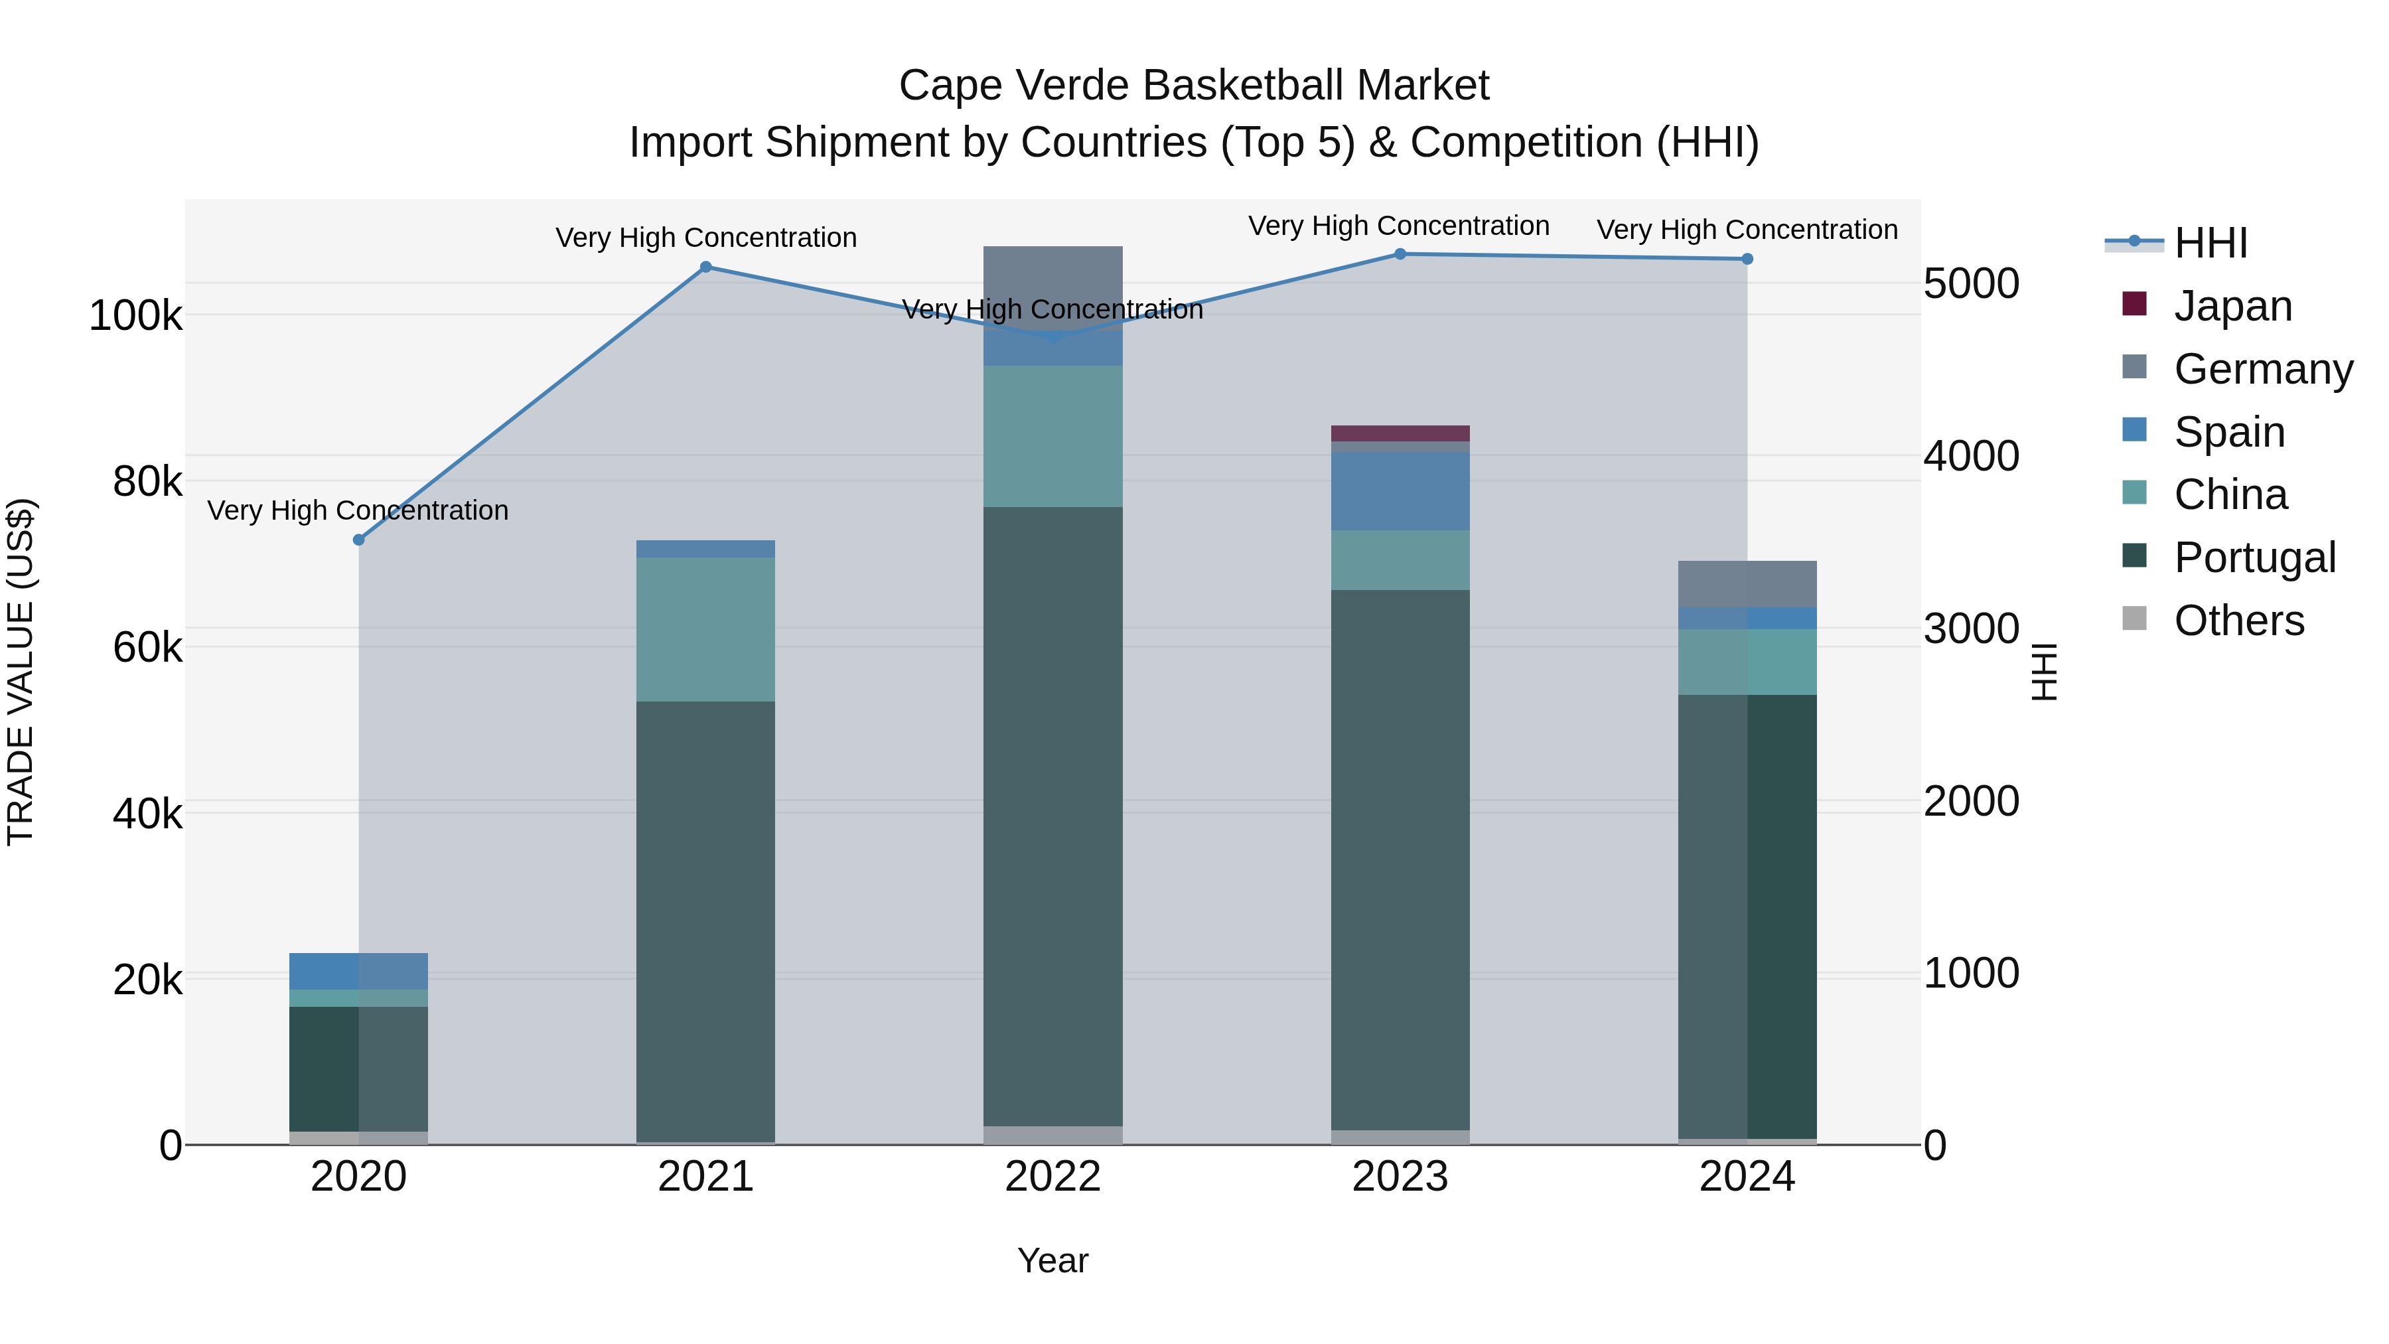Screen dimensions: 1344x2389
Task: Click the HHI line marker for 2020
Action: tap(359, 540)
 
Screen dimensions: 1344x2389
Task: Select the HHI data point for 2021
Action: tap(706, 267)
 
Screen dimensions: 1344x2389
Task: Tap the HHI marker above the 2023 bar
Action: tap(1400, 254)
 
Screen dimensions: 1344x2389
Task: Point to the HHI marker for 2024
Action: tap(1747, 259)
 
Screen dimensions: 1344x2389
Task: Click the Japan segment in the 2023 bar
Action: tap(1400, 433)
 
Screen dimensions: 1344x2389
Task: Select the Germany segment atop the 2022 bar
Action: tap(1052, 278)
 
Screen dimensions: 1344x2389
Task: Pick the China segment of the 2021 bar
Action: tap(706, 629)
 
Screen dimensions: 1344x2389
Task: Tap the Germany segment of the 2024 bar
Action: tap(1747, 583)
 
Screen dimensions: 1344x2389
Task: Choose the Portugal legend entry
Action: tap(2254, 558)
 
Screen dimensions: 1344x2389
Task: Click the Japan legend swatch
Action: tap(2135, 304)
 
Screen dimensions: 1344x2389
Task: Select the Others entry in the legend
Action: tap(2239, 621)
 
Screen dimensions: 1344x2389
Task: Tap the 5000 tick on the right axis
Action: tap(1971, 284)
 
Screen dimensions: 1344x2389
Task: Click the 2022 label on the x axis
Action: tap(1052, 1177)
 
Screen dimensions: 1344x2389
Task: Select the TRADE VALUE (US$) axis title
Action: tap(21, 672)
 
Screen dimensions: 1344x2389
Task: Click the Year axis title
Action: tap(1052, 1260)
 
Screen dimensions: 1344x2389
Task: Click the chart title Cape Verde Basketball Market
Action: tap(1194, 86)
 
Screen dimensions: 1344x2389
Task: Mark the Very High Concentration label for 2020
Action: tap(358, 510)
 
